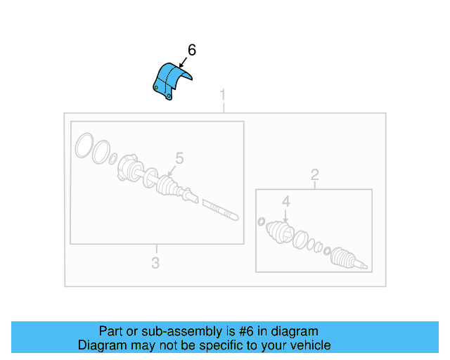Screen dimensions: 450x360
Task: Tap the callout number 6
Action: pos(192,50)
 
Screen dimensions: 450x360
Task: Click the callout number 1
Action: pos(223,95)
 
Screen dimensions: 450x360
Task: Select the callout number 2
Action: pos(315,175)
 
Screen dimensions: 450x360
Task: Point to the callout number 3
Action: pos(155,263)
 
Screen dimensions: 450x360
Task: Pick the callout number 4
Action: pos(286,202)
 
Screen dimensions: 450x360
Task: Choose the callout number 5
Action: pos(180,158)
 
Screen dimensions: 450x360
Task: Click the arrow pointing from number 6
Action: pos(183,63)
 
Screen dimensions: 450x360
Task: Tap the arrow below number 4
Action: pos(285,216)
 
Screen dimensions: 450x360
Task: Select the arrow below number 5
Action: pos(172,171)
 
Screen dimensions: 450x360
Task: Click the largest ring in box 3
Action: pos(84,146)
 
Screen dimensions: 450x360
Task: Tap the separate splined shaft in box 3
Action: pos(220,210)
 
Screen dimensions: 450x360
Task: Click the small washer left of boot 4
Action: pos(261,221)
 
